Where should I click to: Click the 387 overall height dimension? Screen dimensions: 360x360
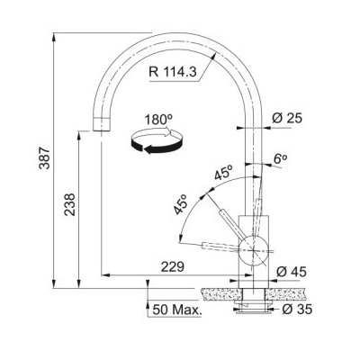coord(45,158)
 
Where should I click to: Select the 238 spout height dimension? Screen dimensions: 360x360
coord(70,204)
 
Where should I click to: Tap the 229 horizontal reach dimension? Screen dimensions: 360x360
coord(173,266)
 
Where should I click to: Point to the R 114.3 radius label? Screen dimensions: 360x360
coord(173,72)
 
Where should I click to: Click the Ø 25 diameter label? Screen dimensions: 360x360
coord(287,118)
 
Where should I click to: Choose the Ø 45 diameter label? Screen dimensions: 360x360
coord(292,272)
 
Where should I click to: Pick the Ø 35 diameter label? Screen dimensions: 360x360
coord(297,310)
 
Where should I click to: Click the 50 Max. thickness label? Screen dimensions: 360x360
coord(176,310)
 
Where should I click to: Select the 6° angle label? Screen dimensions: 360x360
coord(280,159)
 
